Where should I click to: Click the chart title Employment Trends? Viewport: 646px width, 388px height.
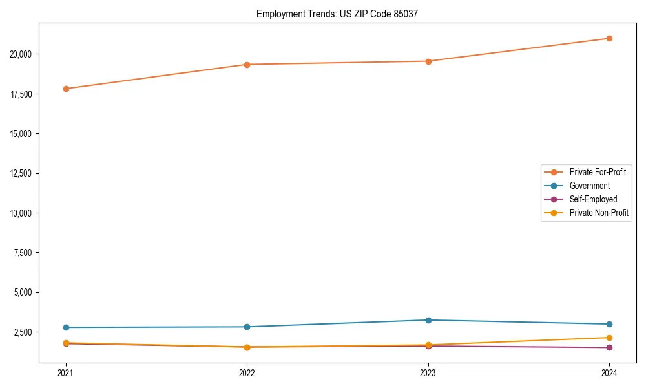tap(337, 14)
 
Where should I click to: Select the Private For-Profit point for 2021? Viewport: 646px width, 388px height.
tap(66, 89)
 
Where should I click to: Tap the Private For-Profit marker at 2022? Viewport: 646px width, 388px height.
tap(247, 65)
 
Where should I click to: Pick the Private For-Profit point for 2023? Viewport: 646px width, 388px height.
tap(428, 61)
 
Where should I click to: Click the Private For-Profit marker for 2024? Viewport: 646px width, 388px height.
tap(609, 38)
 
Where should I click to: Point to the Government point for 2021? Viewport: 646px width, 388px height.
tap(66, 327)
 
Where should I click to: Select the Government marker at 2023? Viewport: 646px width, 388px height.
tap(428, 320)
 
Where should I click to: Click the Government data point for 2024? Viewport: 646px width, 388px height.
tap(609, 324)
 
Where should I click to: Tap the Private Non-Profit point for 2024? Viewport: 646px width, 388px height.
tap(609, 338)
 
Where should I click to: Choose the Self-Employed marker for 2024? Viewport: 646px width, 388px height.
tap(609, 348)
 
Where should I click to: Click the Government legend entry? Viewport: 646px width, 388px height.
tap(589, 186)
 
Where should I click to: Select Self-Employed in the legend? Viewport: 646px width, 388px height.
tap(593, 199)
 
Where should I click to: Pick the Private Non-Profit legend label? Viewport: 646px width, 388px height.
tap(599, 213)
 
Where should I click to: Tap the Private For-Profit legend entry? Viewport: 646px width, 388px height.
tap(598, 172)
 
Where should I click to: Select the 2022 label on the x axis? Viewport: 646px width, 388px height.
tap(247, 372)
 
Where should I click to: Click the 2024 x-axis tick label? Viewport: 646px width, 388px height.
tap(609, 372)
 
